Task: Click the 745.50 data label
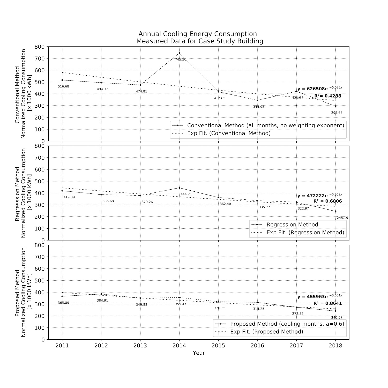181,59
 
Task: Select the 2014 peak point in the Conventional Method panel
179,53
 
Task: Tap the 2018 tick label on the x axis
335,346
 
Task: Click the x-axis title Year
199,353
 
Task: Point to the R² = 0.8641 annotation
327,303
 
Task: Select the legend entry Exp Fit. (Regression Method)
305,233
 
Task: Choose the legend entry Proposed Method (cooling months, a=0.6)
287,324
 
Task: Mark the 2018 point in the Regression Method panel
335,211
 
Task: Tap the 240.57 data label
337,318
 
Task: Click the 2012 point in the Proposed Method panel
101,294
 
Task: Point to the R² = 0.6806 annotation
327,201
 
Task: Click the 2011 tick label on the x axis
62,346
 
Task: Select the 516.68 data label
63,86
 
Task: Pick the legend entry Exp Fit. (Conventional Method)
229,133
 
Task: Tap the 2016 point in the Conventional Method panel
257,100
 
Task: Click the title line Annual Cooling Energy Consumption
198,34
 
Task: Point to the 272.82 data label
298,314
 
